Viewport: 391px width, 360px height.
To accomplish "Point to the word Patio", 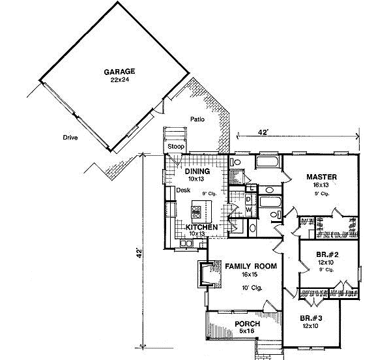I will click(198, 119).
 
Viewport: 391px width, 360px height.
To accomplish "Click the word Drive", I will click(70, 138).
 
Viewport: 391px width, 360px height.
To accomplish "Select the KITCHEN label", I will click(196, 226).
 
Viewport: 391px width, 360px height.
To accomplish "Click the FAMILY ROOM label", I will click(251, 267).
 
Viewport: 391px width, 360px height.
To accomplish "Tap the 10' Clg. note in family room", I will click(251, 288).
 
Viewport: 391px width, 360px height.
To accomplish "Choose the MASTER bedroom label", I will click(321, 176).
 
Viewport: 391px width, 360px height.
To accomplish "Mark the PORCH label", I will click(247, 324).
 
